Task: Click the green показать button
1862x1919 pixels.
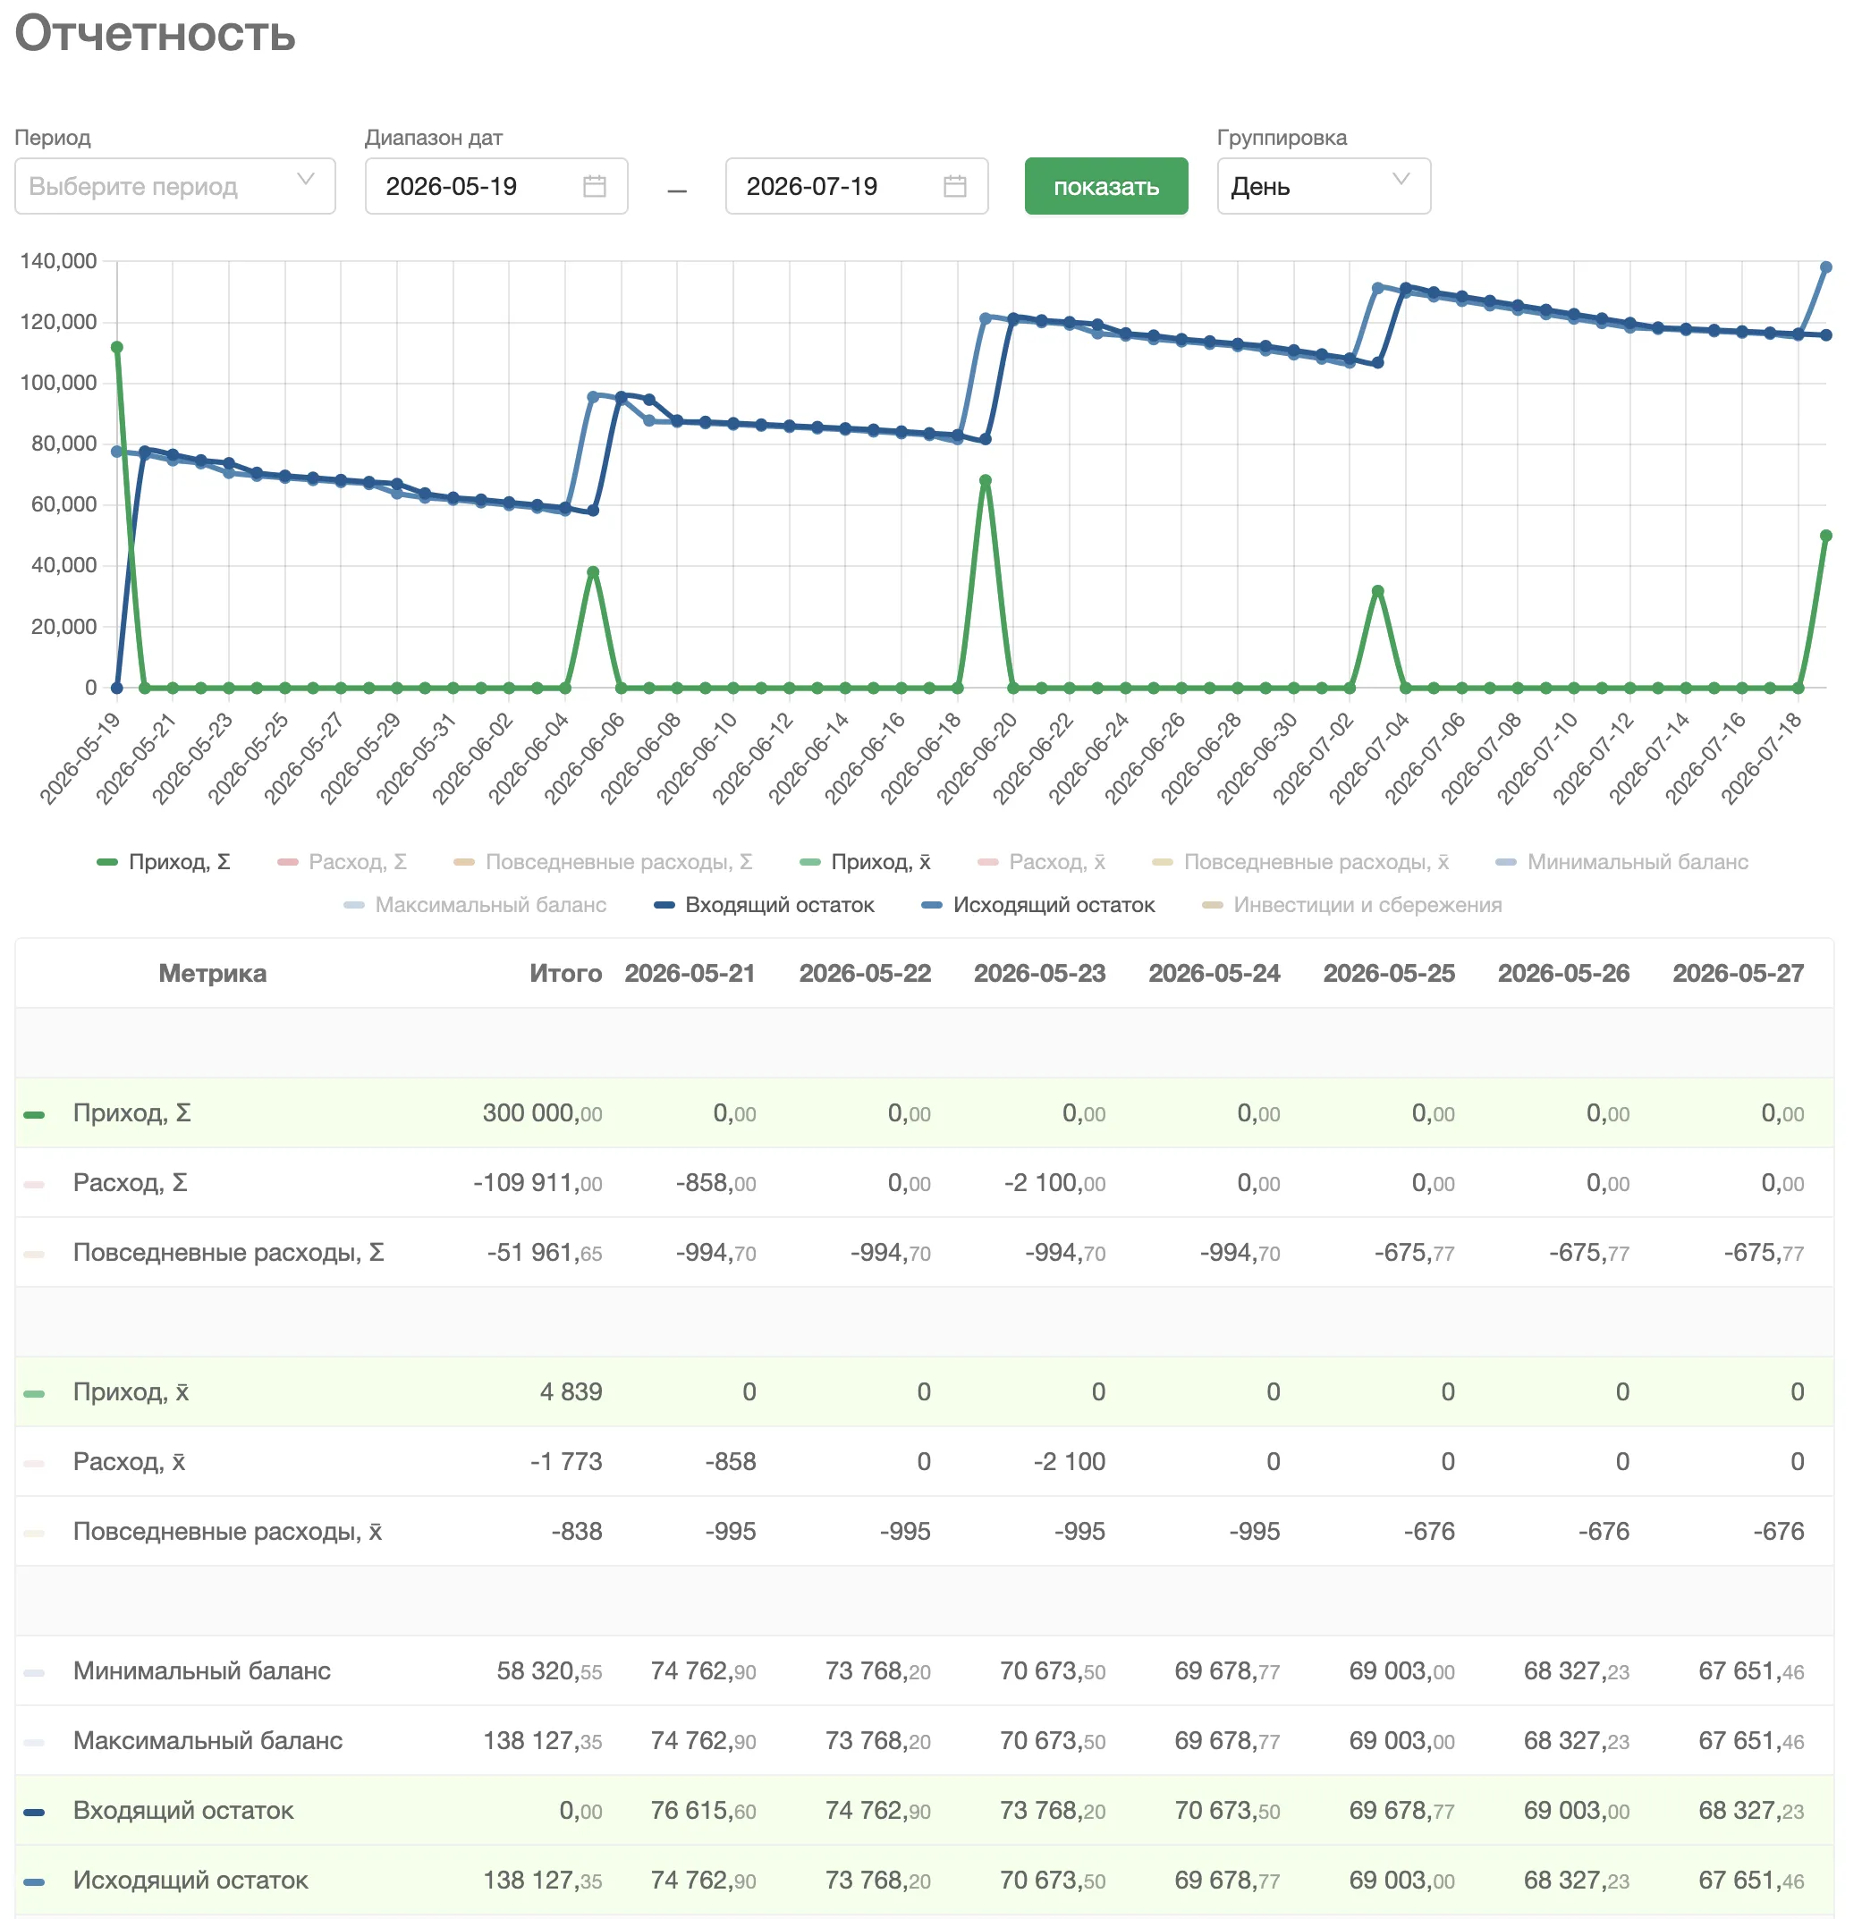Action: tap(1105, 186)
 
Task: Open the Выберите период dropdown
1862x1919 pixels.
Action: tap(174, 186)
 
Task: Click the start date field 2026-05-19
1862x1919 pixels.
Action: tap(495, 186)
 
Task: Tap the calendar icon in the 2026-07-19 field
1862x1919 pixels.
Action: tap(954, 186)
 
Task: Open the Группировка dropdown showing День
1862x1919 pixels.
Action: tap(1323, 186)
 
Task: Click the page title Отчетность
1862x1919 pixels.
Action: tap(155, 33)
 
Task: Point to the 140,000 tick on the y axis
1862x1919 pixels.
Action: tap(59, 261)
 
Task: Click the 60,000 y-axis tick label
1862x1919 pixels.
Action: tap(63, 504)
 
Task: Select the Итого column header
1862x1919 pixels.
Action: tap(565, 973)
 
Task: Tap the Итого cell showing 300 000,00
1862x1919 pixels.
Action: tap(542, 1113)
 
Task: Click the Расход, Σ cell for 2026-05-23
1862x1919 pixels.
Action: tap(1054, 1183)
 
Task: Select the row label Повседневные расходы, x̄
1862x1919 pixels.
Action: tap(227, 1531)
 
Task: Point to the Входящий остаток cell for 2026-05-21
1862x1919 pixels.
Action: tap(703, 1810)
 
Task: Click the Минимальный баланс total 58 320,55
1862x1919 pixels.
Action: tap(549, 1670)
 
